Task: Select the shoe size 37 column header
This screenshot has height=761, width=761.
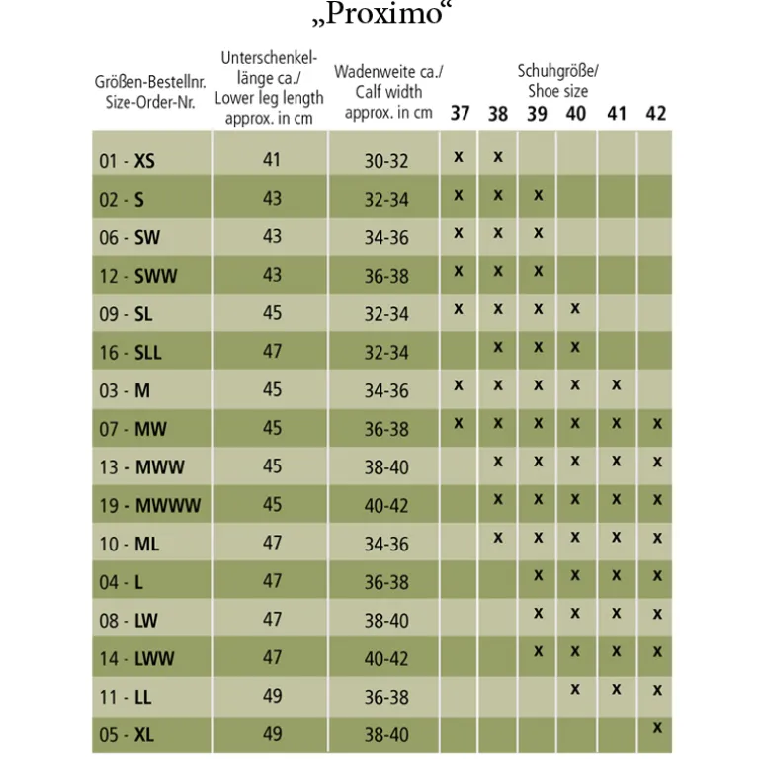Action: coord(460,113)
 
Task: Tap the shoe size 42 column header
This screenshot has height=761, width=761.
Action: coord(655,113)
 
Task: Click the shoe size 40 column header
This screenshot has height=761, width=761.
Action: coord(575,113)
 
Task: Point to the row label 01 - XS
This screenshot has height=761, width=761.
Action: coord(127,161)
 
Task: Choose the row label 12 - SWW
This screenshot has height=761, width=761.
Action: coord(137,276)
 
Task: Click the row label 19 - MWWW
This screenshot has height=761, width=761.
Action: coord(149,505)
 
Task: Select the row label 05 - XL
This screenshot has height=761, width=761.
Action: coord(127,734)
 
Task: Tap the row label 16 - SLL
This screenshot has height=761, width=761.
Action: coord(130,353)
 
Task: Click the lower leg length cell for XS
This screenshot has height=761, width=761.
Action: coord(272,160)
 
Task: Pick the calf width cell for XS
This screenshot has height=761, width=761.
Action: coord(386,161)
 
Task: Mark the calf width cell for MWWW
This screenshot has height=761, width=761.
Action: coord(386,505)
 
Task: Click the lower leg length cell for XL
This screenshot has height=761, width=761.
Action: coord(272,733)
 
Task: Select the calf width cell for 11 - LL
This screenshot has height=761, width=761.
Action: coord(386,697)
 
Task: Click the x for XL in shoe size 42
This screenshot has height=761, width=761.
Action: coord(657,727)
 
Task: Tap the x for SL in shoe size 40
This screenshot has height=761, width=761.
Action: coord(575,308)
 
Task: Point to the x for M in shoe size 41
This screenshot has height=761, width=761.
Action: coord(616,384)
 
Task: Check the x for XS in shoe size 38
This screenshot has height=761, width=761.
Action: coord(498,157)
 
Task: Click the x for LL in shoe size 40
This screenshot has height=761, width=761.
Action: coord(575,689)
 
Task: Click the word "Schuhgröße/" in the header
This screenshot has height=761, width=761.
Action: coord(557,71)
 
